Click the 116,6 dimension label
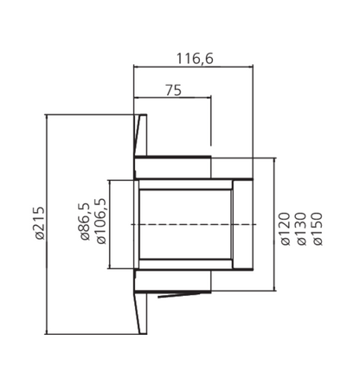(x=195, y=59)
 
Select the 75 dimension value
(x=174, y=90)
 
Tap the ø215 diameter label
(x=40, y=223)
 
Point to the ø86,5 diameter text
(x=85, y=222)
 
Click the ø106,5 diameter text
(x=101, y=222)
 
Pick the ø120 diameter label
(x=285, y=228)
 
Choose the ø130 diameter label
(x=301, y=228)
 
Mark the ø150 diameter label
(x=318, y=228)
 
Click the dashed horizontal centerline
(x=194, y=224)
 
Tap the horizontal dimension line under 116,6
(x=193, y=67)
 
